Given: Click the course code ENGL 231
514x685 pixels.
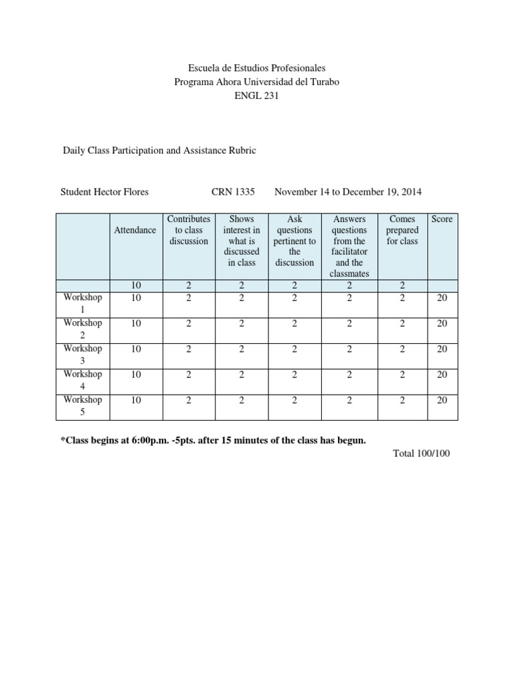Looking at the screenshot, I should click(x=256, y=96).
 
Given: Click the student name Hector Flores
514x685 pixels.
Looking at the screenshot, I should click(x=104, y=192).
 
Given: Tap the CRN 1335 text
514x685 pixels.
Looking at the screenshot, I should click(x=233, y=192).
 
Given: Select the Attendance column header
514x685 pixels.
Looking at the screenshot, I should click(x=135, y=229).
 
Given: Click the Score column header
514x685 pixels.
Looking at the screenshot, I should click(x=442, y=219).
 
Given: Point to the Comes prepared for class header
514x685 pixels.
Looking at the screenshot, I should click(x=402, y=229).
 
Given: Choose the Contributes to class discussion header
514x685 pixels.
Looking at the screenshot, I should click(x=188, y=229).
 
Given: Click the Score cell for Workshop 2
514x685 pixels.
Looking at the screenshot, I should click(x=442, y=323).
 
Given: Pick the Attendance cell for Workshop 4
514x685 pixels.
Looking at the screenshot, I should click(x=136, y=375).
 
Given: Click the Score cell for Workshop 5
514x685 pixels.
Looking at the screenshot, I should click(x=442, y=400).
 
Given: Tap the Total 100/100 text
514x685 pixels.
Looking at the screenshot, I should click(x=422, y=454).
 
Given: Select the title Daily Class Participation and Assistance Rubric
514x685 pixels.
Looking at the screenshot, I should click(x=158, y=151).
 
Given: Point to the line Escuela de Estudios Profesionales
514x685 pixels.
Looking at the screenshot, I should click(x=256, y=68).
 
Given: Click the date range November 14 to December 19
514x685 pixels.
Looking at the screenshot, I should click(x=348, y=192).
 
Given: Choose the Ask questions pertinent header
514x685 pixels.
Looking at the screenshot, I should click(x=294, y=240).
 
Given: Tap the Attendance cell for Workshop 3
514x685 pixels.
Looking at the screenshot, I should click(x=136, y=349).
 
